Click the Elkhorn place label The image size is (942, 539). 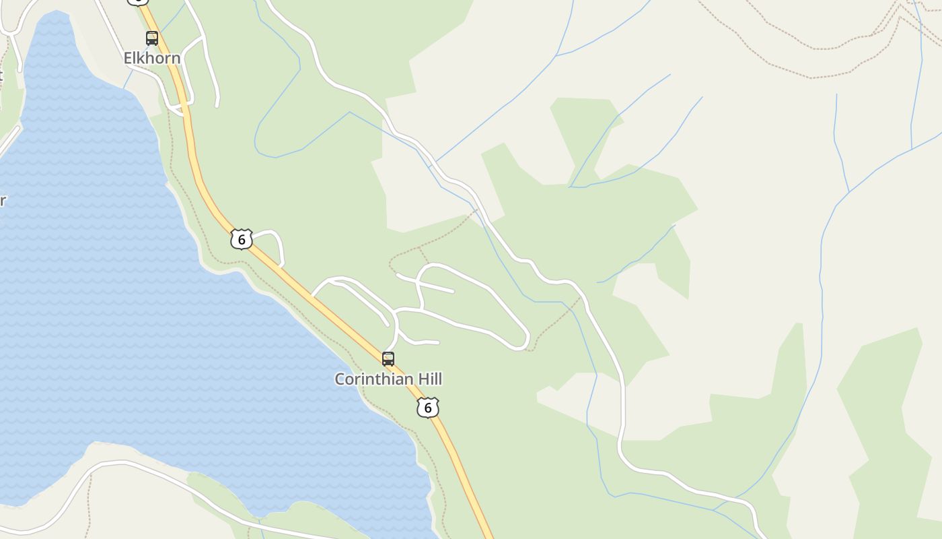152,58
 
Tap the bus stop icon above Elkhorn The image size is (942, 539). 152,38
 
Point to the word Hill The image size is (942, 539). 429,379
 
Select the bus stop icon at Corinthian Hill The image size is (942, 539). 388,358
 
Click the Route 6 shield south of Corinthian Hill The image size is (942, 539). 428,407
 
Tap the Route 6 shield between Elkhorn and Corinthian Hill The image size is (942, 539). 241,239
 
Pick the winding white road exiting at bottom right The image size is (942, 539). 706,493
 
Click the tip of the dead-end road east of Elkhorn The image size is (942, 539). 217,105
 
